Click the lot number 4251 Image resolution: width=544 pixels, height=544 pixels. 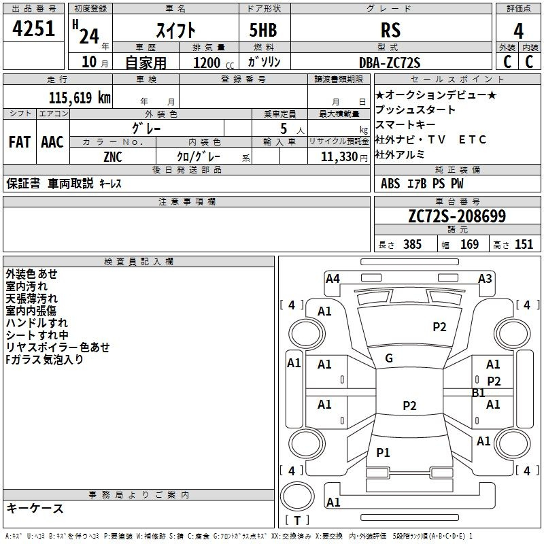click(33, 29)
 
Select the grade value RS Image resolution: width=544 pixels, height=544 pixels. click(390, 30)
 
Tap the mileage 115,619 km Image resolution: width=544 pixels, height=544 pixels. click(80, 98)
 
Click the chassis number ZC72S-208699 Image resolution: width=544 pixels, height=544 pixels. click(457, 216)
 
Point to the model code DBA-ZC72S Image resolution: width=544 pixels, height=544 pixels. click(390, 63)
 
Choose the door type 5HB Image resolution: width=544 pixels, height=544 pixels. click(263, 30)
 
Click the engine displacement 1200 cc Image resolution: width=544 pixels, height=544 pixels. click(214, 63)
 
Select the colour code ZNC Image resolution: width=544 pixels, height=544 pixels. click(113, 157)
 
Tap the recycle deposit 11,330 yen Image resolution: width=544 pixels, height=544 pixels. click(344, 157)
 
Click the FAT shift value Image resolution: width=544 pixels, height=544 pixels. click(20, 142)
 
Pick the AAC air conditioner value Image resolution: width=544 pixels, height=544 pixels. click(52, 142)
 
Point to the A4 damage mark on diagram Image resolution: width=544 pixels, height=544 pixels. click(333, 279)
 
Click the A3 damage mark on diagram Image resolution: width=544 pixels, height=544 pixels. click(485, 279)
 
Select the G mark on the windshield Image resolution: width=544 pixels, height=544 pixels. click(389, 358)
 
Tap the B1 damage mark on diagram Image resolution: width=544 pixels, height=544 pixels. click(479, 393)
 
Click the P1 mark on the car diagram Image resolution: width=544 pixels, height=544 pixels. click(383, 452)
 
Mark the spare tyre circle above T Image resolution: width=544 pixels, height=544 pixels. click(297, 496)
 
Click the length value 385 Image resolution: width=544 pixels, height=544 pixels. click(413, 244)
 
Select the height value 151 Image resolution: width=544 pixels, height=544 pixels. click(524, 244)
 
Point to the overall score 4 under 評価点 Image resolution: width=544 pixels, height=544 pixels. click(518, 31)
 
